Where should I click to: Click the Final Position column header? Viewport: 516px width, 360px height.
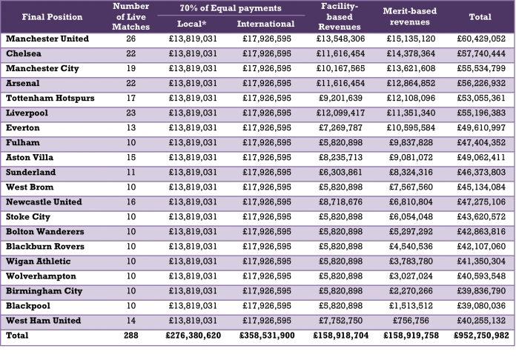[x=52, y=17]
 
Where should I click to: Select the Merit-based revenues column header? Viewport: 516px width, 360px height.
[x=410, y=16]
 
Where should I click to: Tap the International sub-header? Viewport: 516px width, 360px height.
[x=265, y=24]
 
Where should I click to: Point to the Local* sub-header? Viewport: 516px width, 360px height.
[x=192, y=24]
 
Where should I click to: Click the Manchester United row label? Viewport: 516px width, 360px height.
[x=47, y=39]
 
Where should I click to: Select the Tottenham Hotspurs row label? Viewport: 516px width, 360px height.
[x=50, y=98]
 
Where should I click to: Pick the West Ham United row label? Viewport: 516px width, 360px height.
[x=44, y=321]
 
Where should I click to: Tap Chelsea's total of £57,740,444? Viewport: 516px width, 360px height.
[x=481, y=53]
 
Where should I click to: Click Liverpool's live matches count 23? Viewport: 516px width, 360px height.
[x=131, y=113]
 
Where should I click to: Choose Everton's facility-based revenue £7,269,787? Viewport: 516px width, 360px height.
[x=340, y=127]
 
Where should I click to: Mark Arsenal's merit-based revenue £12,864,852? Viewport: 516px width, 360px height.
[x=411, y=83]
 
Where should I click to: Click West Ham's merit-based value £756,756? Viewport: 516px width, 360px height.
[x=411, y=321]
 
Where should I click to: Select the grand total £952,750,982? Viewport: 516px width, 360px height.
[x=481, y=336]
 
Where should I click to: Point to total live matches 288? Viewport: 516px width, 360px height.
[x=131, y=336]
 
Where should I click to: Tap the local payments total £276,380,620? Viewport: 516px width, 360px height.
[x=193, y=336]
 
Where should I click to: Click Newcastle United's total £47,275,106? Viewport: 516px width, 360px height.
[x=481, y=202]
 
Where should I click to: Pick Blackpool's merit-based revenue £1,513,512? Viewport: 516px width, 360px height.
[x=411, y=306]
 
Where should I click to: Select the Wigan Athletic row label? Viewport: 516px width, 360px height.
[x=38, y=261]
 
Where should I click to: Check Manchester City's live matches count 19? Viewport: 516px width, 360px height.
[x=131, y=68]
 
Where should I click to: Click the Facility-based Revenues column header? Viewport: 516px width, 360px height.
[x=340, y=16]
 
